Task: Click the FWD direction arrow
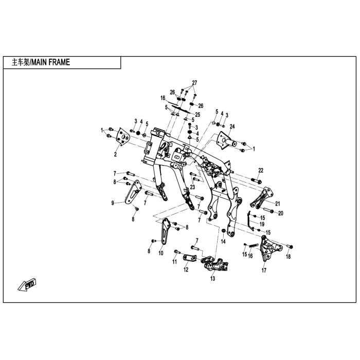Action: (x=27, y=285)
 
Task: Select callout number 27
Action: (x=194, y=83)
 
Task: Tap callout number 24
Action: (x=232, y=127)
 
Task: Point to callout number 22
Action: (x=261, y=170)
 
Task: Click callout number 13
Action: (x=212, y=279)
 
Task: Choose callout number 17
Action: (x=264, y=270)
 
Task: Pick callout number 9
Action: (x=113, y=203)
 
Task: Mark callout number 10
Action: (x=160, y=253)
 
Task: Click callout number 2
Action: (x=115, y=154)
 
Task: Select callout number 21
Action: (x=278, y=204)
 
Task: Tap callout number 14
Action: (x=223, y=241)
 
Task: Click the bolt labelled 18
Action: (x=290, y=247)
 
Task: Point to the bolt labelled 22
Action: (x=257, y=181)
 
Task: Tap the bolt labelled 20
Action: (x=268, y=210)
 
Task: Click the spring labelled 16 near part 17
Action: (x=254, y=245)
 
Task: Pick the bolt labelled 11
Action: (x=177, y=252)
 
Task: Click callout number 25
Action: (x=197, y=115)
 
